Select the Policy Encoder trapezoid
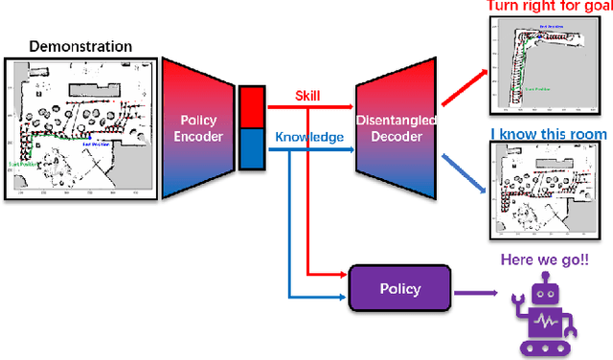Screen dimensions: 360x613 pyautogui.click(x=199, y=128)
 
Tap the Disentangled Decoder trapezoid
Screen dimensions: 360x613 pyautogui.click(x=395, y=128)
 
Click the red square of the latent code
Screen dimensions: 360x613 pyautogui.click(x=252, y=103)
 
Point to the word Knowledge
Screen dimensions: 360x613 pyautogui.click(x=308, y=137)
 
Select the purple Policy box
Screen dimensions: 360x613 pyautogui.click(x=399, y=287)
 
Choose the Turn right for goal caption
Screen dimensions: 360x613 pyautogui.click(x=548, y=7)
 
